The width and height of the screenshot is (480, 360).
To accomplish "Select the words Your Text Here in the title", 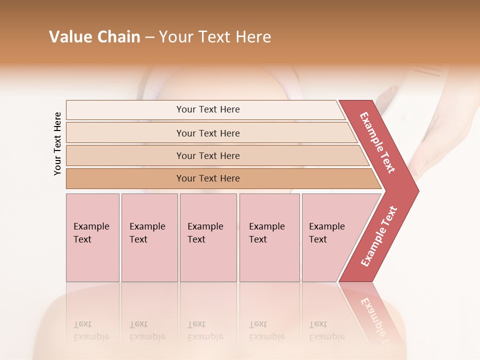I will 215,37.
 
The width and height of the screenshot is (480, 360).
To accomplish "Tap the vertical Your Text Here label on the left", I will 57,144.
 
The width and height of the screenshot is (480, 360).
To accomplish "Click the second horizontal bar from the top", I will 207,133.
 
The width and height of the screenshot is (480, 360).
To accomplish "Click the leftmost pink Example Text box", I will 92,237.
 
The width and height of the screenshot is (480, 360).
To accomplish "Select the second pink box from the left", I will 149,237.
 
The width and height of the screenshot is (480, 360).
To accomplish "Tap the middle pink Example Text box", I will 208,237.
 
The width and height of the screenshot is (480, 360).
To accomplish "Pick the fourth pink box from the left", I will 269,237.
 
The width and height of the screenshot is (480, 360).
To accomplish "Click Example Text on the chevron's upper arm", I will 378,142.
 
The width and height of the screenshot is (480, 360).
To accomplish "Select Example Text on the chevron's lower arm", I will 379,236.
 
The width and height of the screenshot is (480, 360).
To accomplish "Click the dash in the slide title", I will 149,37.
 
